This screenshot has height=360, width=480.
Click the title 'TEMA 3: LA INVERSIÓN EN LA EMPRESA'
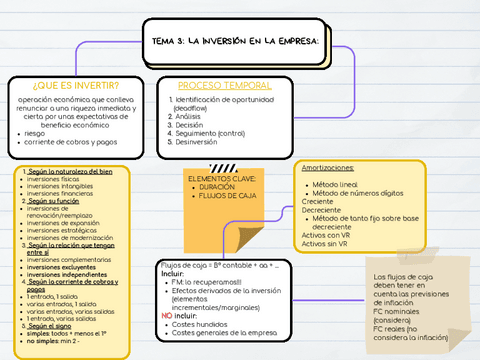click(235, 41)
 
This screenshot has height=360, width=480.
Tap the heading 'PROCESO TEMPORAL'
click(224, 85)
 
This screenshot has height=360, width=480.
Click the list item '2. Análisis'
click(187, 116)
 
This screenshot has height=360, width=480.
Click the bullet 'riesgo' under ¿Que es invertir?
click(35, 133)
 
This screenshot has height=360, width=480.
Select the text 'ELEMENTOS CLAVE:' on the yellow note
click(222, 178)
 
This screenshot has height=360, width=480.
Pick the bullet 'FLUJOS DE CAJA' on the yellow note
click(227, 195)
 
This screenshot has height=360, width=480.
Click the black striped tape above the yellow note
click(223, 166)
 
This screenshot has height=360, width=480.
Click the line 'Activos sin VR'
click(324, 243)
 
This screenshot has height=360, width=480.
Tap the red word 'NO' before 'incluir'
click(167, 314)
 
